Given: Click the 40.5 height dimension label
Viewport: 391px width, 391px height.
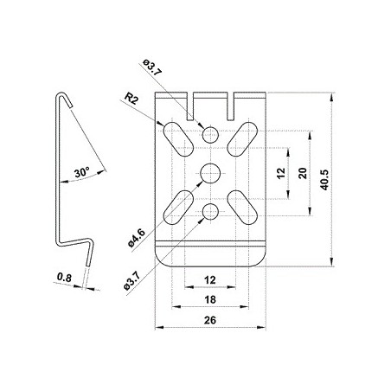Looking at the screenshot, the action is point(324,180).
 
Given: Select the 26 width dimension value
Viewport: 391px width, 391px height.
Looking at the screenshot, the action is point(210,320).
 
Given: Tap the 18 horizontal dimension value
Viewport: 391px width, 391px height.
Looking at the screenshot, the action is point(210,300).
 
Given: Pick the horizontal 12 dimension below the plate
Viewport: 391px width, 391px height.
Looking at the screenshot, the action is point(210,280).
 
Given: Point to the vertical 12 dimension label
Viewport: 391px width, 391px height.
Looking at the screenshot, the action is point(280,173).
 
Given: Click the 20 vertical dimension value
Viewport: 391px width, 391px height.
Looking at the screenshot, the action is point(303,173).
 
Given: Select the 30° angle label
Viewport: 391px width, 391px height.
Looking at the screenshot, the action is point(82,172).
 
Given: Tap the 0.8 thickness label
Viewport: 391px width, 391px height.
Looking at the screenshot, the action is point(64,278).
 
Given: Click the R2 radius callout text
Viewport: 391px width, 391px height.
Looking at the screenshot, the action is point(131,99).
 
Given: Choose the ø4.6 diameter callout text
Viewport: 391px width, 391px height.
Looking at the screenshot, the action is point(137,237).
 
